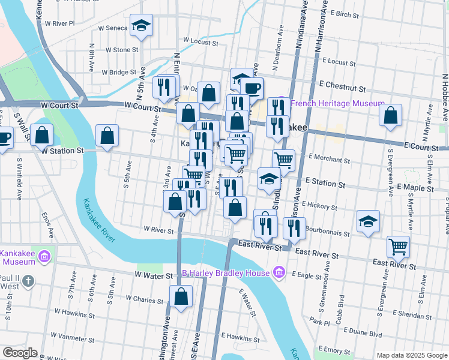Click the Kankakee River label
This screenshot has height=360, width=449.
(100, 221)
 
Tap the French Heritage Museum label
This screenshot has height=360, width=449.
(337, 104)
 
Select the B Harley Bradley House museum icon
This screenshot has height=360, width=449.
(279, 274)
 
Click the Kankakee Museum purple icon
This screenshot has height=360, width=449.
(43, 257)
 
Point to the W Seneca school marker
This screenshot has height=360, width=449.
(141, 25)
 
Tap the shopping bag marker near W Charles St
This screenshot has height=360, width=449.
(181, 297)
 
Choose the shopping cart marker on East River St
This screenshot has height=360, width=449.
(398, 246)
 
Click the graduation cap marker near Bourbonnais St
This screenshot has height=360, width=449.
(368, 221)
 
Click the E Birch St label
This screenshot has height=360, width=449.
(349, 13)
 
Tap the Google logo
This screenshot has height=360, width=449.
(20, 353)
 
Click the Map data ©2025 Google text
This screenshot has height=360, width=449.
(411, 355)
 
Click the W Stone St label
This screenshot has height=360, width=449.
(121, 50)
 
